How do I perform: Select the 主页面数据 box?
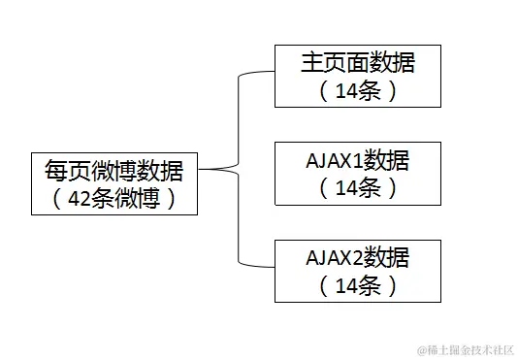click(357, 75)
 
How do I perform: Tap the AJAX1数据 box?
click(357, 173)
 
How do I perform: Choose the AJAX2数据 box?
click(357, 270)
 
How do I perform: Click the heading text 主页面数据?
click(357, 63)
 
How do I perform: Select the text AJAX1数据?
click(357, 161)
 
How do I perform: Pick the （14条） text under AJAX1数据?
click(357, 188)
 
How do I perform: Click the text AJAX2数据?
click(357, 258)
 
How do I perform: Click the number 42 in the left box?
click(81, 198)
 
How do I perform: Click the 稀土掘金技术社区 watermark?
click(467, 347)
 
